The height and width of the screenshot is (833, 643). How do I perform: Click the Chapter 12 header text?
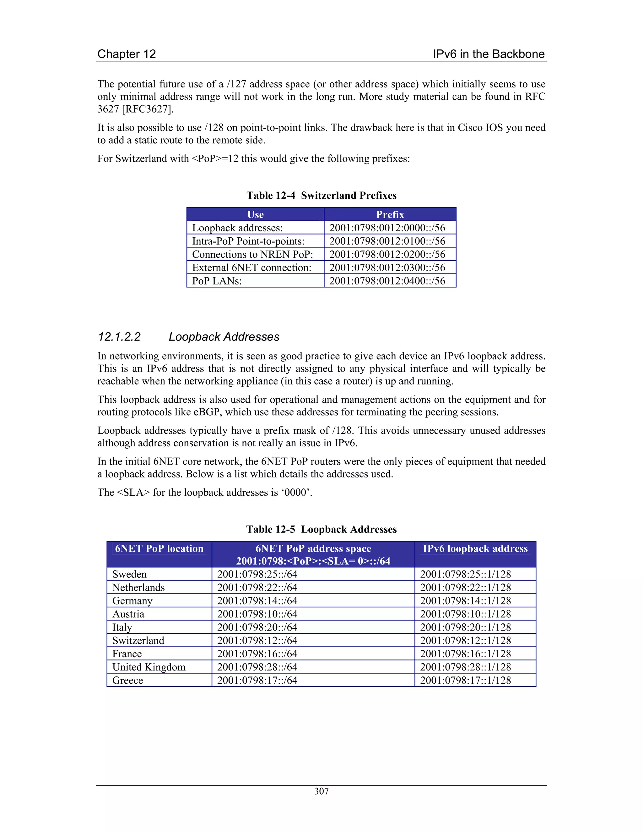point(127,54)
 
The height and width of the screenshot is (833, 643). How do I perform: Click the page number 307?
point(321,791)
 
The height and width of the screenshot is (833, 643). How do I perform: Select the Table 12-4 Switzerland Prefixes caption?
point(321,195)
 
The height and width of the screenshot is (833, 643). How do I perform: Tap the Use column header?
point(255,214)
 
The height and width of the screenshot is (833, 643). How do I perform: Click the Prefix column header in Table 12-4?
point(390,214)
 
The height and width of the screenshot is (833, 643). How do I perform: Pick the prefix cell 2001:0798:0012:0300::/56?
point(387,268)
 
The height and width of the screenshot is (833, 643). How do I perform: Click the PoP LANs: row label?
point(217,281)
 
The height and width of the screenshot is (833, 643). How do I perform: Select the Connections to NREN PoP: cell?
point(252,254)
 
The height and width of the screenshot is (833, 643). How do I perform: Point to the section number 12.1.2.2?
point(119,337)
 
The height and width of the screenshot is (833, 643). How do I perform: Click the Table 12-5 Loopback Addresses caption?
point(321,529)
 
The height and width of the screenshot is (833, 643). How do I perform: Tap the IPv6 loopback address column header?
point(475,549)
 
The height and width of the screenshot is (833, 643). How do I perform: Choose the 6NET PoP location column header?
point(159,549)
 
